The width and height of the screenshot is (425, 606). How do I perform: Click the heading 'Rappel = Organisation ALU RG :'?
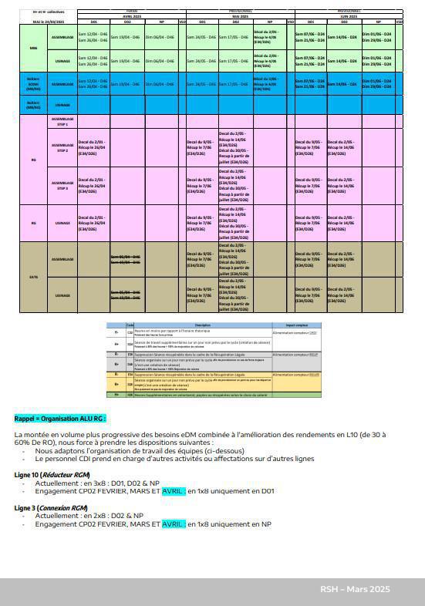(x=60, y=419)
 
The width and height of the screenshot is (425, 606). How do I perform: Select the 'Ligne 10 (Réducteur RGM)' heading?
(x=52, y=474)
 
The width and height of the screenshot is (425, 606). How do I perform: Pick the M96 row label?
(x=34, y=49)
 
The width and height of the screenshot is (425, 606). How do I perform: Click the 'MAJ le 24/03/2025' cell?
(x=49, y=22)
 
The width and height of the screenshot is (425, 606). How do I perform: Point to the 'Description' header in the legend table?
(x=203, y=325)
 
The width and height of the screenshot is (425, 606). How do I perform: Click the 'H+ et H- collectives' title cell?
(x=49, y=12)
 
